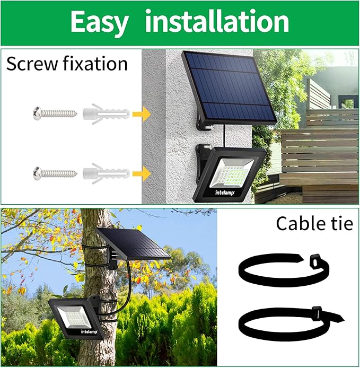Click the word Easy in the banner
click(99, 22)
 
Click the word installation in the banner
click(217, 22)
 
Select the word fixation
click(96, 64)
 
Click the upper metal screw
click(55, 112)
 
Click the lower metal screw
click(55, 172)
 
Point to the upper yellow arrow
click(140, 112)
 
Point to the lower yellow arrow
click(140, 172)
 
